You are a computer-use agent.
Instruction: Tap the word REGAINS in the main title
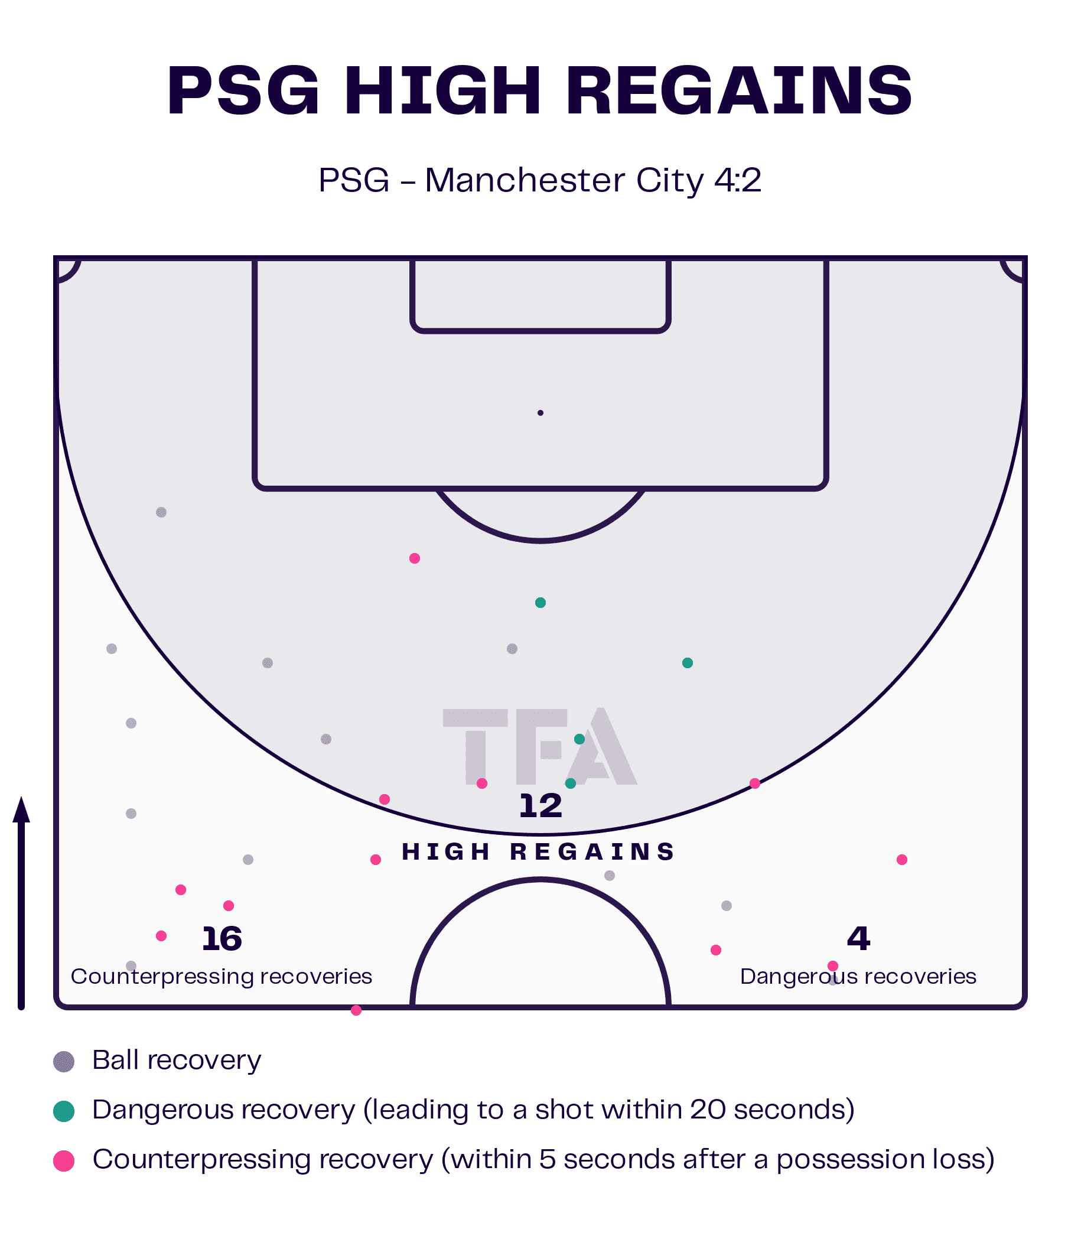tap(739, 90)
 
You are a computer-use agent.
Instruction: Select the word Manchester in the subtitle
tap(525, 180)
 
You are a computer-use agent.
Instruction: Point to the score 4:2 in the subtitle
tap(737, 180)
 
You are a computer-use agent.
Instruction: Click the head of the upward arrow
tap(22, 809)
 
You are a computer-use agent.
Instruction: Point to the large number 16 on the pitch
tap(222, 939)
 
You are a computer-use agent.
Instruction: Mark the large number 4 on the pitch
tap(858, 939)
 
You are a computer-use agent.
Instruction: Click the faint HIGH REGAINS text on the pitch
tap(539, 852)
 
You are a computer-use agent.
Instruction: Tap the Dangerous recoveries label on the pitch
tap(858, 976)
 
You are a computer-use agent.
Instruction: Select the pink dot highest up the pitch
tap(415, 558)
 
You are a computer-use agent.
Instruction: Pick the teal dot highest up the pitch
tap(540, 603)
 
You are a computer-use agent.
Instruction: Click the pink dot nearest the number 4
tap(833, 966)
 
